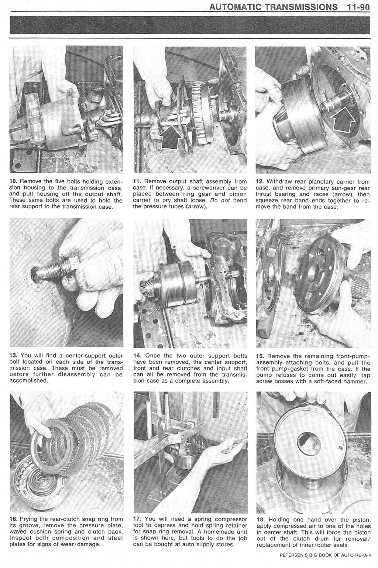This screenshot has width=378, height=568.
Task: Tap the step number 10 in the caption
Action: pyautogui.click(x=13, y=182)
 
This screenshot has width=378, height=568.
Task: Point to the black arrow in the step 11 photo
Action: pyautogui.click(x=172, y=137)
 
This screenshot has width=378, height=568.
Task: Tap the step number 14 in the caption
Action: pyautogui.click(x=136, y=356)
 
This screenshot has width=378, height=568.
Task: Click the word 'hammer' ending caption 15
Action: pyautogui.click(x=353, y=381)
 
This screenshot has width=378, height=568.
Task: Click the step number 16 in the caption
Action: pyautogui.click(x=13, y=520)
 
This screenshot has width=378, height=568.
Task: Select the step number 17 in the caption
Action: pyautogui.click(x=136, y=520)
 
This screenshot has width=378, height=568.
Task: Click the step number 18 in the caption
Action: pyautogui.click(x=260, y=520)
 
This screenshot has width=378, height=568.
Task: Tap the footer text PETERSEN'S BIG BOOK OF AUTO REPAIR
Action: pyautogui.click(x=325, y=555)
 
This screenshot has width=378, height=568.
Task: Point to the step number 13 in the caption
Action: pyautogui.click(x=13, y=356)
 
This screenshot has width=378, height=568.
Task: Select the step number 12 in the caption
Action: pyautogui.click(x=260, y=182)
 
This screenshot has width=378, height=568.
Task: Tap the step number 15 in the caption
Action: pyautogui.click(x=260, y=356)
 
